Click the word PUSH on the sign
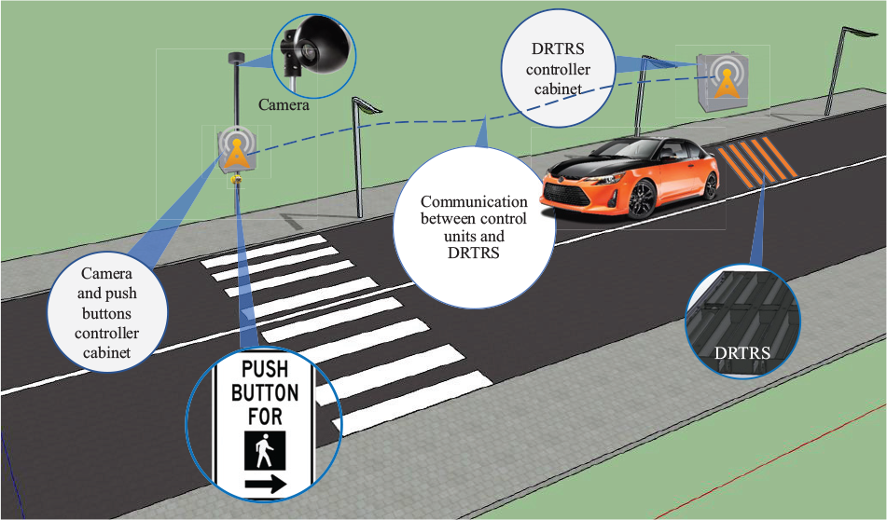click(265, 369)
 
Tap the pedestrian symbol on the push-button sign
click(265, 450)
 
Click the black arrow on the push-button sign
click(265, 484)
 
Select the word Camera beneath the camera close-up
click(284, 104)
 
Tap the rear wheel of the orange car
click(710, 185)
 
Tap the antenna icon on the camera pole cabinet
click(236, 149)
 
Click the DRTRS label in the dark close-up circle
click(742, 353)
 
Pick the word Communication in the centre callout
click(474, 202)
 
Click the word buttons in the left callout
click(106, 313)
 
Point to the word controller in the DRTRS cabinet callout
click(559, 70)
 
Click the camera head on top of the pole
click(235, 58)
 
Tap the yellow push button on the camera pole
click(236, 180)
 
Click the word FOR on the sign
click(265, 417)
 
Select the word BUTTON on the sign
click(265, 393)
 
